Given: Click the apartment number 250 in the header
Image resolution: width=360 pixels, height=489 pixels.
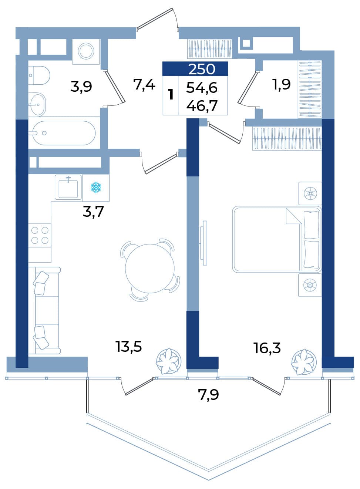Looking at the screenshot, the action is pos(202,69).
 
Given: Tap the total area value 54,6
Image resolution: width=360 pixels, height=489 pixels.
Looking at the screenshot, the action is pos(202,88).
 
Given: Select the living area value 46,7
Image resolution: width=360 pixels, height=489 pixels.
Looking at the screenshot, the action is pos(202,106).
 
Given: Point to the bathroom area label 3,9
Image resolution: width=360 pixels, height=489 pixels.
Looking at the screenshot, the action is pos(81,87).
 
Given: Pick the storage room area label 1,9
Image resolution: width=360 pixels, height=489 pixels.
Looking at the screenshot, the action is pos(281,84).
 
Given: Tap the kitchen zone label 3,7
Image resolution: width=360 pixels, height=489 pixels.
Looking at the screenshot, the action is pos(93,212).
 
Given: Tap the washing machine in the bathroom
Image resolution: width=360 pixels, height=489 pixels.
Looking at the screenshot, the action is pos(86,51).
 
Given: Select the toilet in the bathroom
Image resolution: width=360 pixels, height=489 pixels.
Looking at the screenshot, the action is pos(39,75).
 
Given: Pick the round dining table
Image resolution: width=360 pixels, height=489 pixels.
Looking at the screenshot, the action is pos(150,269).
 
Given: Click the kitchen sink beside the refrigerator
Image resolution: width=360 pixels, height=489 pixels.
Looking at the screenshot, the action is pos(68,187).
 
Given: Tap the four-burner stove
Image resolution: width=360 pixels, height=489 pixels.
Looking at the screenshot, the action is pos(40,235).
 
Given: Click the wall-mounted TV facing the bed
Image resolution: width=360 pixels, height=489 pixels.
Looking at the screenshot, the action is pos(204,243).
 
